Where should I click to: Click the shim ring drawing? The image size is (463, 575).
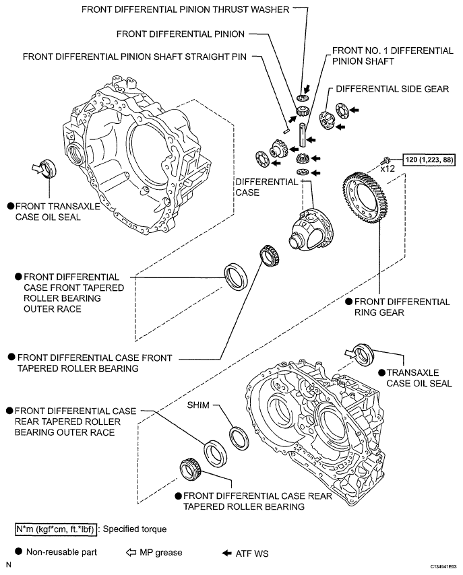click(239, 436)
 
